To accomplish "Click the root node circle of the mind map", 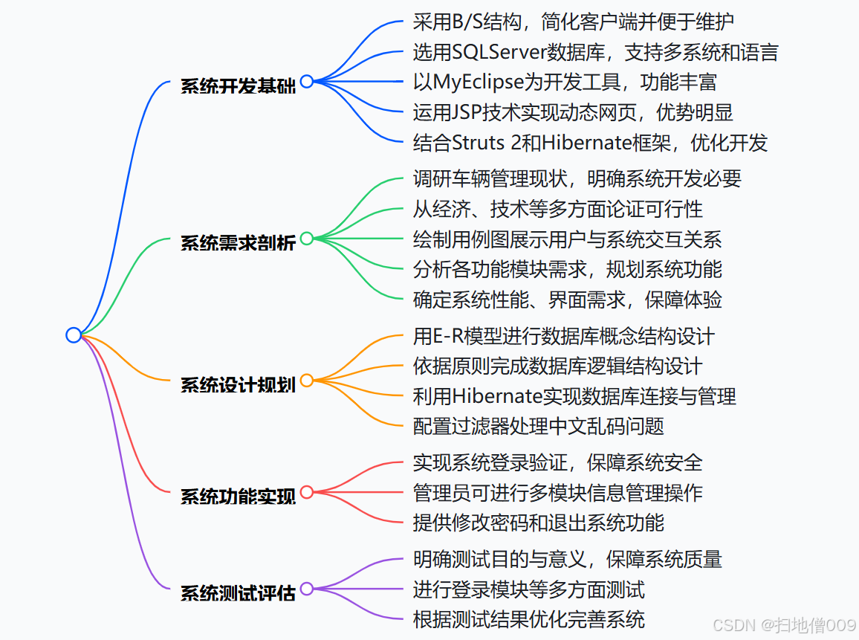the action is coord(73,335).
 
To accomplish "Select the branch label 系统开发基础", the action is coord(238,86).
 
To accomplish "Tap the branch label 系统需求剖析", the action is coord(238,242).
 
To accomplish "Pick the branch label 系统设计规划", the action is coord(238,384).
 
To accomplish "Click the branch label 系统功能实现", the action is coord(238,496).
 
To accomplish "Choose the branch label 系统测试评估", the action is coord(238,593).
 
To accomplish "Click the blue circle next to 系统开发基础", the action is coord(306,82).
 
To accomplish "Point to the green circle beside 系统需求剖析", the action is coord(306,239).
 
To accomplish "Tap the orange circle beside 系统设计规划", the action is coord(306,381).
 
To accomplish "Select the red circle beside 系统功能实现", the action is coord(306,492).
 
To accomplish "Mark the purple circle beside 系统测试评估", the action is coord(306,589).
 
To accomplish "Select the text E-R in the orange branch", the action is coord(447,336).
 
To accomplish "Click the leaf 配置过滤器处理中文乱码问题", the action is coord(538,426).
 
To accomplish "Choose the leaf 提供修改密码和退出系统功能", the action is coord(538,522).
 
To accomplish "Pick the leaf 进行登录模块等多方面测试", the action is coord(528,589).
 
